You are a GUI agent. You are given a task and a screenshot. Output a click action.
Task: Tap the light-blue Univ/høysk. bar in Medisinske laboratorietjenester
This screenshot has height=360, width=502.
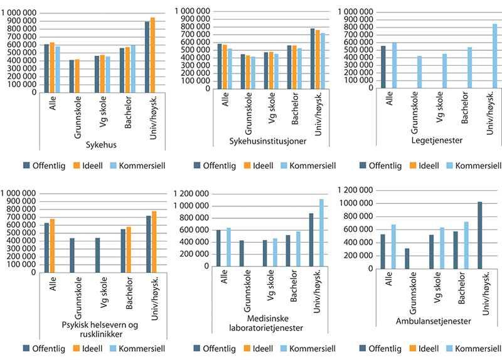[321, 232]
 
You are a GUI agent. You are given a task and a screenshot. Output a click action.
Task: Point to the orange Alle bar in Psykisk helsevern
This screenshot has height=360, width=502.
[53, 242]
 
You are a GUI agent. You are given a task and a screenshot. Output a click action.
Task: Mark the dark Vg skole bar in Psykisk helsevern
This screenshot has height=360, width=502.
[98, 251]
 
